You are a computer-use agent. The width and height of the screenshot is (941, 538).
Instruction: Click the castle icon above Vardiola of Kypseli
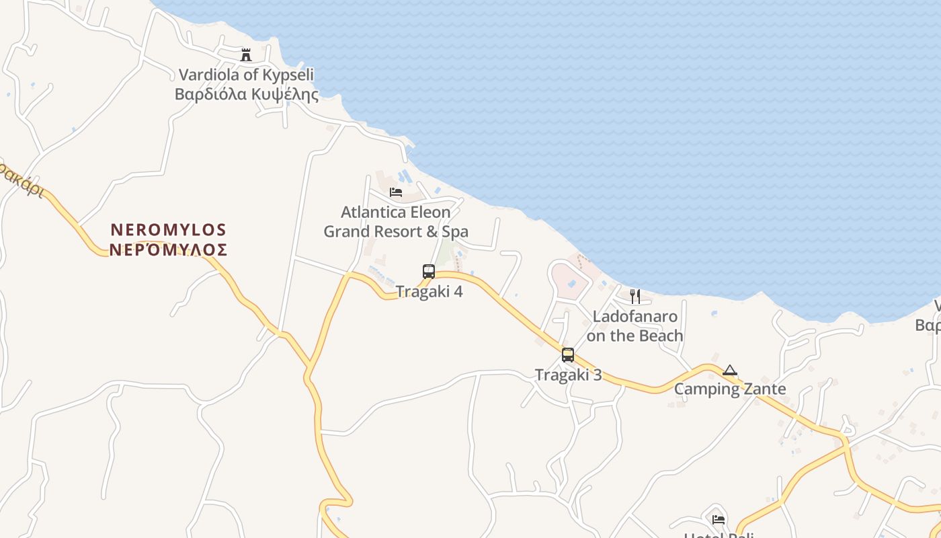[x=246, y=54]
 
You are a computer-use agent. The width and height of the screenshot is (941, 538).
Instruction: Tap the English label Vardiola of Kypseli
[x=246, y=75]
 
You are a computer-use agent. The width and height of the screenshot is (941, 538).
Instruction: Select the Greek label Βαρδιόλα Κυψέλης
[x=246, y=94]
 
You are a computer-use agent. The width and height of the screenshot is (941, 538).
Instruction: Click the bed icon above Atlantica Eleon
[x=396, y=192]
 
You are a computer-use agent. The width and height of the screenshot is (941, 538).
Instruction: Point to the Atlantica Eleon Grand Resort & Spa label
[x=396, y=222]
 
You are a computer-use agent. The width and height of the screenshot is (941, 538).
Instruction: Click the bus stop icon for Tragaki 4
[x=429, y=272]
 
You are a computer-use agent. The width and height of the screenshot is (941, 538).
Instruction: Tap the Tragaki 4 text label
[x=429, y=292]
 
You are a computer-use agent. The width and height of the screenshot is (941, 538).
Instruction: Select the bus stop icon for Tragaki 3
[x=568, y=354]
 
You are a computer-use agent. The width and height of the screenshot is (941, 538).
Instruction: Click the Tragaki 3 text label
[x=568, y=375]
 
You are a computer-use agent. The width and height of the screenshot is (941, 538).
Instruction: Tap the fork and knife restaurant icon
[x=635, y=296]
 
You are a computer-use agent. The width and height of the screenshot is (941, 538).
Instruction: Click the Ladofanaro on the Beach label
[x=635, y=326]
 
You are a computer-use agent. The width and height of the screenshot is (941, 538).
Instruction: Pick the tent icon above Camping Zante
[x=730, y=370]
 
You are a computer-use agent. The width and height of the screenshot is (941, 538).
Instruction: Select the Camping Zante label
[x=730, y=389]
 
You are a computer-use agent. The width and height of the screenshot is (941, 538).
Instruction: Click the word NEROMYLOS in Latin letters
[x=169, y=230]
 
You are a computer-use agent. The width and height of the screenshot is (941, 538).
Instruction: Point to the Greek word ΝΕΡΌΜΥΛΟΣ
[x=169, y=250]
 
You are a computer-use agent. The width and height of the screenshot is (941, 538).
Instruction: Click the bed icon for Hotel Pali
[x=719, y=519]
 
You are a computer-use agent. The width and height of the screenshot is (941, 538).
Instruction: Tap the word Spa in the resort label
[x=454, y=232]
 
